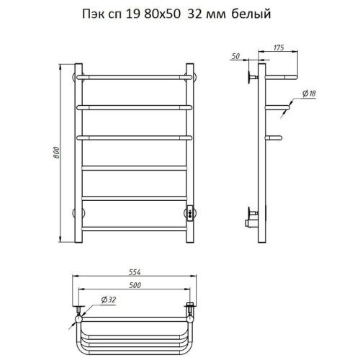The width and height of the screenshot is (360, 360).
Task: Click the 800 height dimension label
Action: [56, 153]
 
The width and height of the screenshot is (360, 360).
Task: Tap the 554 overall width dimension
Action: [135, 272]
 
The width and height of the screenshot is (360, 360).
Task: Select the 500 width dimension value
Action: [135, 285]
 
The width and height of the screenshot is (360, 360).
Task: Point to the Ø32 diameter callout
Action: [109, 300]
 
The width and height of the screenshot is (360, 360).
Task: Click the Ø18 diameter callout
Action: [309, 94]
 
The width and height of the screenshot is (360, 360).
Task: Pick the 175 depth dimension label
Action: [279, 48]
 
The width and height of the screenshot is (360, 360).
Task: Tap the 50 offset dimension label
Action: [235, 56]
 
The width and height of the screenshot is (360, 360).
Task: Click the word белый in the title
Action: [251, 14]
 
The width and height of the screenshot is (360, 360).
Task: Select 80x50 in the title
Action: [162, 14]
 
